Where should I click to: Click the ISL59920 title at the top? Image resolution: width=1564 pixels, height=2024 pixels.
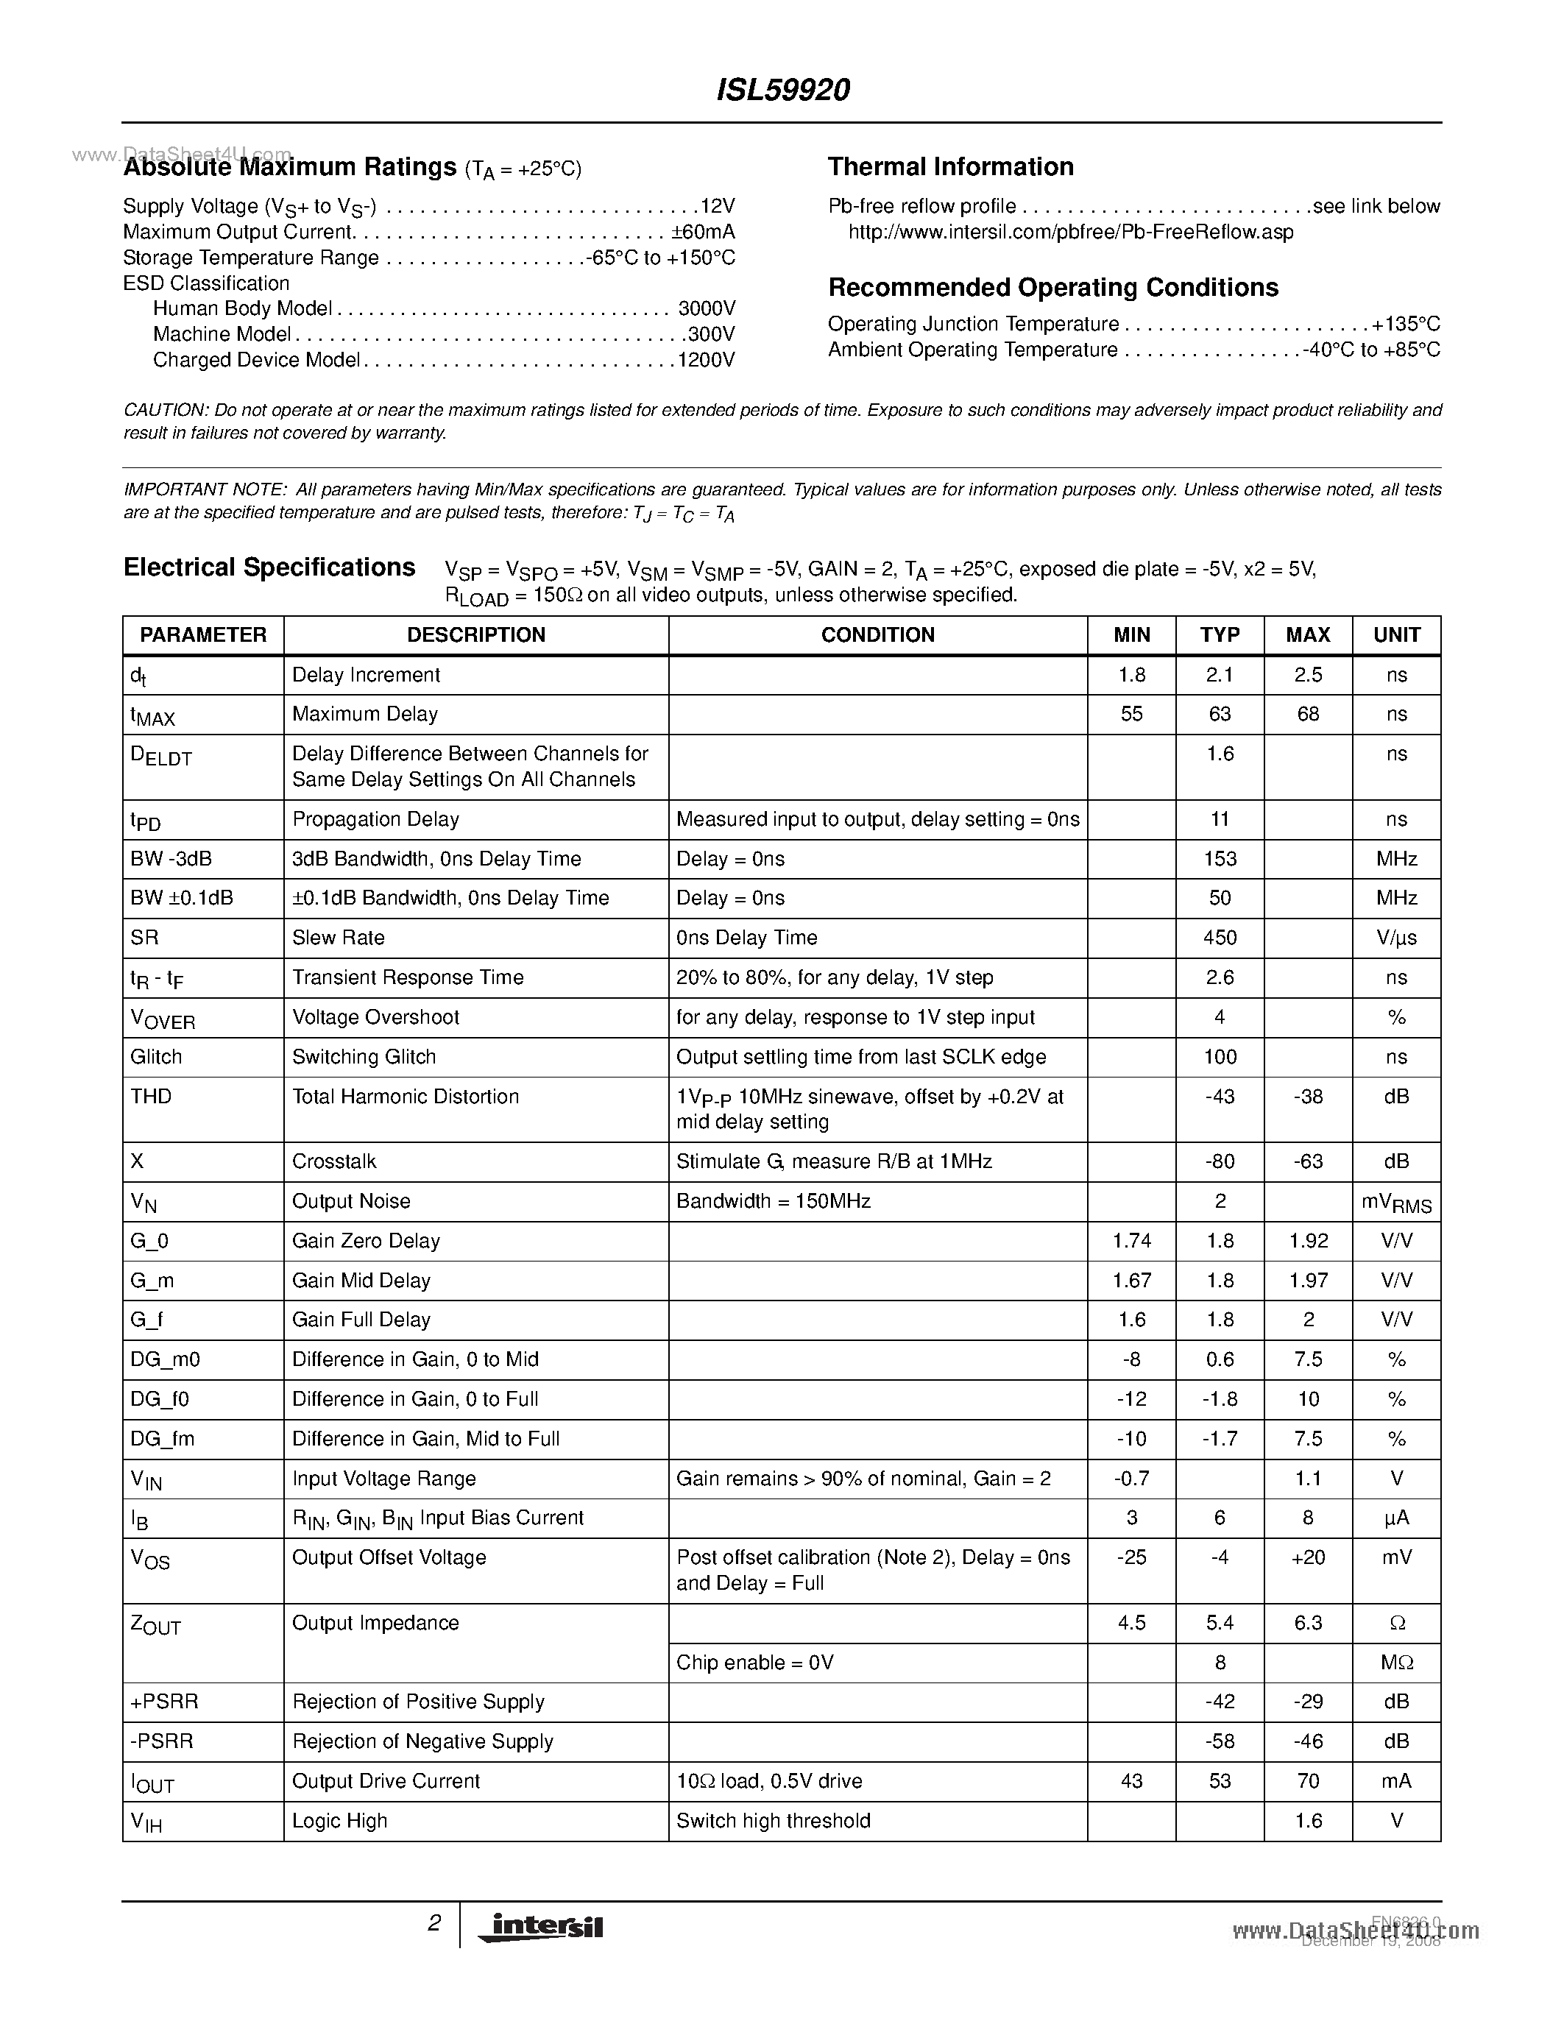pyautogui.click(x=783, y=90)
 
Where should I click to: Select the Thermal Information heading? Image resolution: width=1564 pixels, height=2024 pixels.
pyautogui.click(x=951, y=167)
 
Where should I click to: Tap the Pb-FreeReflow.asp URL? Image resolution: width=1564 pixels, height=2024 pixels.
pyautogui.click(x=1070, y=232)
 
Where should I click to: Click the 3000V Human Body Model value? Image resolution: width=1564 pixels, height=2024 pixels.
pyautogui.click(x=706, y=308)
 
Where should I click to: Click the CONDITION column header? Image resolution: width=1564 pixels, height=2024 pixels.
pyautogui.click(x=877, y=635)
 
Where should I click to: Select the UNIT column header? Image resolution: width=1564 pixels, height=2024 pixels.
pyautogui.click(x=1396, y=635)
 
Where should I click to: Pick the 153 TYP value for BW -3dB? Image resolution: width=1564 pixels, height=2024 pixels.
pyautogui.click(x=1220, y=859)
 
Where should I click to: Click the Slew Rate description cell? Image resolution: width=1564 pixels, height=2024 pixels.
pyautogui.click(x=338, y=938)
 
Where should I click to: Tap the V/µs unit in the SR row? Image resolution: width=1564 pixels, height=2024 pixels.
pyautogui.click(x=1396, y=938)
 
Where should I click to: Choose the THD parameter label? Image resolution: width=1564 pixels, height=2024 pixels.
pyautogui.click(x=151, y=1097)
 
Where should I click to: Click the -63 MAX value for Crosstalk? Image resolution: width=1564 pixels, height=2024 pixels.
pyautogui.click(x=1307, y=1161)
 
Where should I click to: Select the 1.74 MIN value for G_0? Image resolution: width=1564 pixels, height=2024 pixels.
pyautogui.click(x=1131, y=1241)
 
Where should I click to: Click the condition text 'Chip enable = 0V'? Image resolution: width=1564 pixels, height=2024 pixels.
pyautogui.click(x=755, y=1663)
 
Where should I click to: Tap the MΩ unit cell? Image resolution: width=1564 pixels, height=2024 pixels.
pyautogui.click(x=1396, y=1663)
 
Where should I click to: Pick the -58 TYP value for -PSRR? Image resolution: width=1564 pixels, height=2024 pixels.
pyautogui.click(x=1220, y=1741)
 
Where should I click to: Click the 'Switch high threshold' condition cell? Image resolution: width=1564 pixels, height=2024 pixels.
pyautogui.click(x=774, y=1821)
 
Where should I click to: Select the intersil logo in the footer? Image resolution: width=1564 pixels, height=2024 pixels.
pyautogui.click(x=539, y=1927)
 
